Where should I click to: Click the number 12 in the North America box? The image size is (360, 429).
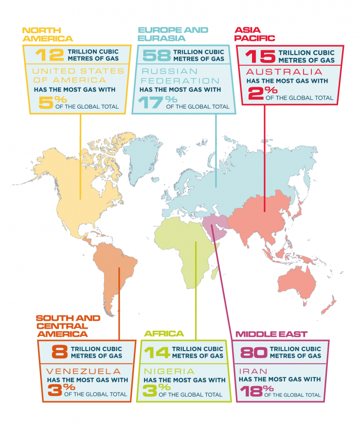point(46,55)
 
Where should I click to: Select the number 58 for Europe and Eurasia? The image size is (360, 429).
point(154,55)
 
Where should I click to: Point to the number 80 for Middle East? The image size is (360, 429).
point(252,352)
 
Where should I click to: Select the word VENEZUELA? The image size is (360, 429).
point(73,371)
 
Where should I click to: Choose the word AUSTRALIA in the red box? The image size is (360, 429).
point(281,72)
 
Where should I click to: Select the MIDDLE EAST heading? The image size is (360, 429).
point(271,334)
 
